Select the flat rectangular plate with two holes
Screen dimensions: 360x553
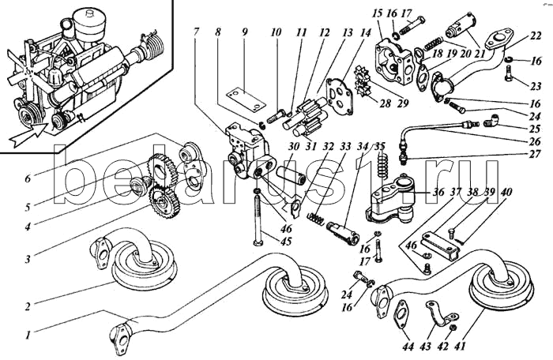pyautogui.click(x=243, y=98)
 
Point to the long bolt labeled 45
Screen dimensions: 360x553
pyautogui.click(x=258, y=218)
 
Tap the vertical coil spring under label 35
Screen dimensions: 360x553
pyautogui.click(x=384, y=167)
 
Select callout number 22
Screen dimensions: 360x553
pyautogui.click(x=535, y=36)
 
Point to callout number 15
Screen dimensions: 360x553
pyautogui.click(x=377, y=13)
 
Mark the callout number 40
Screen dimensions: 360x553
pyautogui.click(x=506, y=192)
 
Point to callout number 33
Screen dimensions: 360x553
pyautogui.click(x=344, y=146)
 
